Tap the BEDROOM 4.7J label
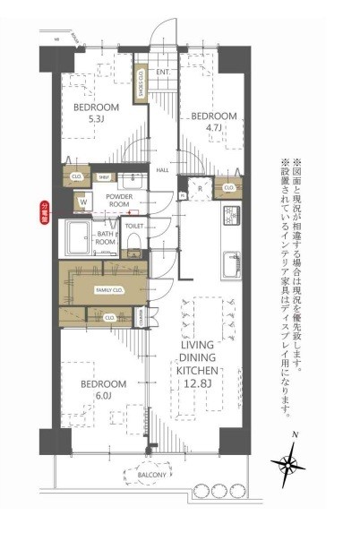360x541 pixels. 213,122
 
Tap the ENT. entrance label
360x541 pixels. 163,72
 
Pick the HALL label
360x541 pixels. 164,170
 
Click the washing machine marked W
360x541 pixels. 83,202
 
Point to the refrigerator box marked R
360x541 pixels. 200,190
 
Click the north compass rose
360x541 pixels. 291,463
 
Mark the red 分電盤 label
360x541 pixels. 47,213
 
